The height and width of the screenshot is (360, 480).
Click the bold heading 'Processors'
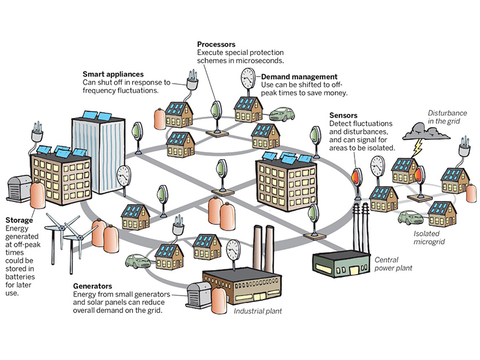(x=216, y=44)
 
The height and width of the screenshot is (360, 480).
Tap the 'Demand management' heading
(x=299, y=77)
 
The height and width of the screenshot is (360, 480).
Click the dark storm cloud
(x=429, y=130)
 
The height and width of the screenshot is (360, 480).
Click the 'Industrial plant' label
(x=257, y=311)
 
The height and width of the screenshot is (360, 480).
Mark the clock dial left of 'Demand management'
(x=248, y=78)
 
